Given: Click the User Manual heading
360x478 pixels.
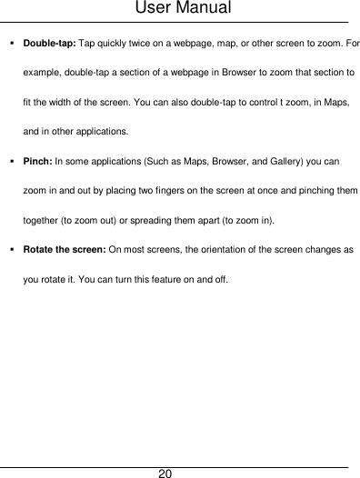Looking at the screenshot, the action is pyautogui.click(x=180, y=10).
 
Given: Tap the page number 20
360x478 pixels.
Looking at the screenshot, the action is pyautogui.click(x=165, y=472).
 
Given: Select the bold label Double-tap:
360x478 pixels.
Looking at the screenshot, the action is pyautogui.click(x=51, y=43).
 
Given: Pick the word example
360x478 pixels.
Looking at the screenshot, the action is pyautogui.click(x=43, y=72).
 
